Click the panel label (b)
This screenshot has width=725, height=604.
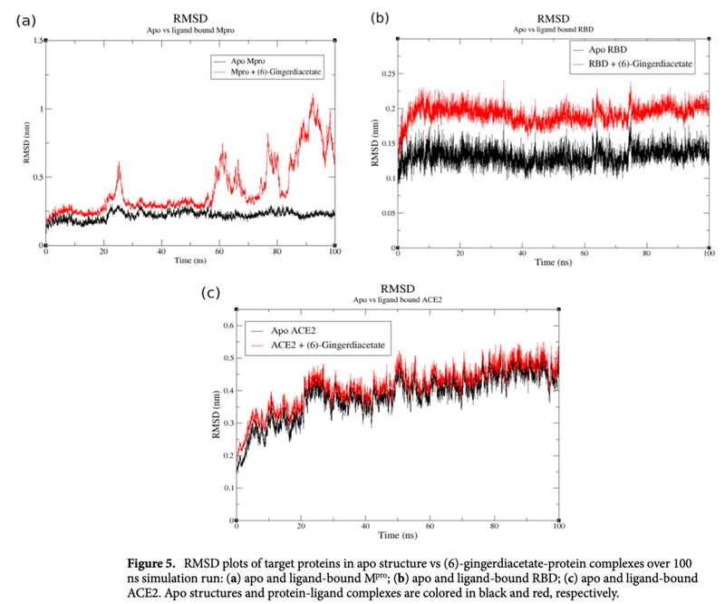pyautogui.click(x=380, y=16)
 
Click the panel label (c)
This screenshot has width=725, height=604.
pyautogui.click(x=209, y=292)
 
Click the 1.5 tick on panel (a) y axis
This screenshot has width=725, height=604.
pyautogui.click(x=36, y=41)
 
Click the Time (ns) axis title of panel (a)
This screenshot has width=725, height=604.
pyautogui.click(x=190, y=261)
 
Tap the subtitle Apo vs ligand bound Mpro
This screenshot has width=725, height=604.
pyautogui.click(x=190, y=30)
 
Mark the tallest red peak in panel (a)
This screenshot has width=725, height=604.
pyautogui.click(x=314, y=95)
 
